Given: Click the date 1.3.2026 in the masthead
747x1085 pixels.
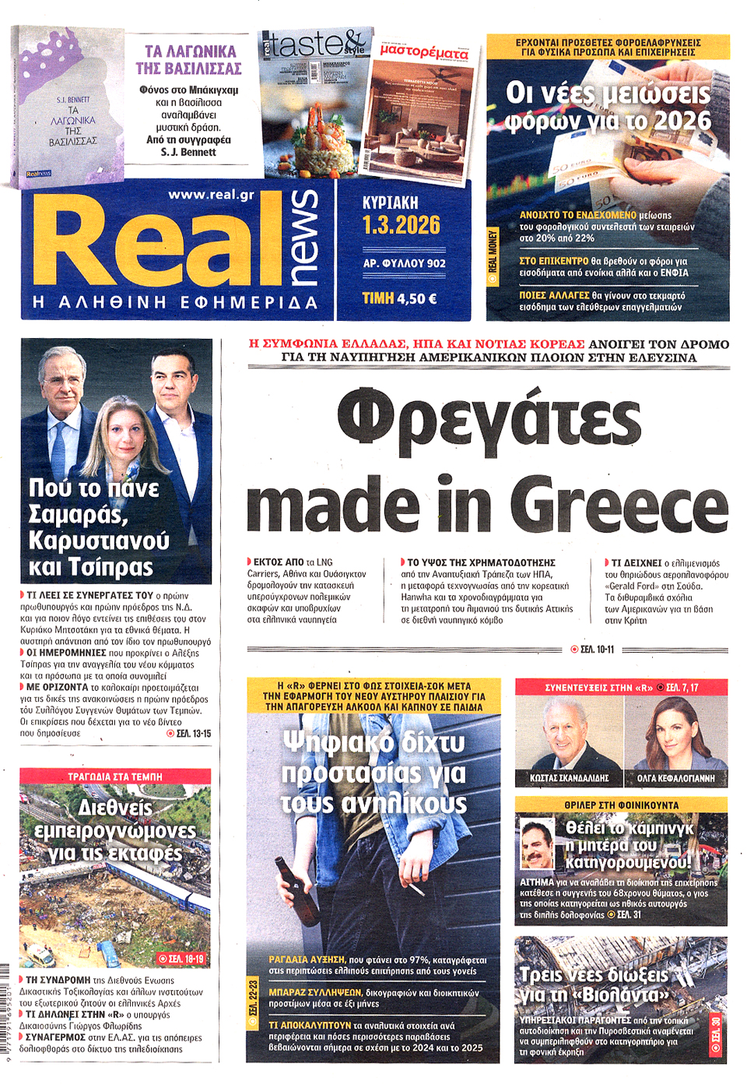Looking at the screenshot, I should (402, 225).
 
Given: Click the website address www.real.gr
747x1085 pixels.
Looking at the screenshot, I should (211, 195).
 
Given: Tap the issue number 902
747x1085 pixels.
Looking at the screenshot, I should (436, 263).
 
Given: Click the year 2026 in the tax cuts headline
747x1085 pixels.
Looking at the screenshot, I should (682, 121).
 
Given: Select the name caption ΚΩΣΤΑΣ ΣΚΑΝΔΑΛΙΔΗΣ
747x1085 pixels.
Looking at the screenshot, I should (570, 778).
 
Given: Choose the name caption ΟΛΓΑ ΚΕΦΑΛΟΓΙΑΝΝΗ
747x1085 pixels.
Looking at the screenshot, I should (675, 778).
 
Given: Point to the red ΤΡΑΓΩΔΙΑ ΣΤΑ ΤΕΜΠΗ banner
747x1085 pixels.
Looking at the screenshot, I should (115, 777).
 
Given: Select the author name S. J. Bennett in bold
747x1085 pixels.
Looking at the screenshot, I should (188, 152).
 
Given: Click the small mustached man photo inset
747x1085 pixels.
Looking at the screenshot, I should (538, 844).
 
